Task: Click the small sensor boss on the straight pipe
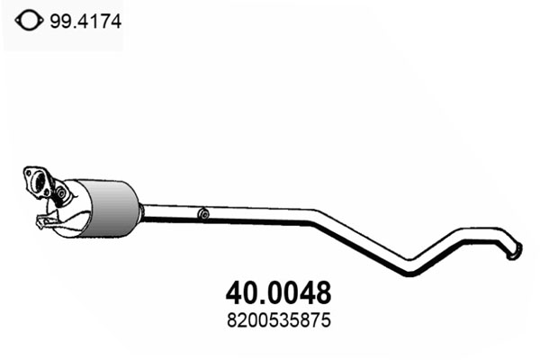pos(204,214)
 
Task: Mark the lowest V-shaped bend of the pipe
pos(409,270)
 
